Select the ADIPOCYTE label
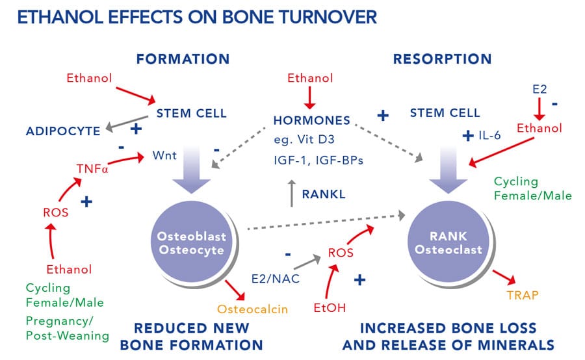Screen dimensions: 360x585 [63, 131]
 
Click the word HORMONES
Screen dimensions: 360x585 [312, 120]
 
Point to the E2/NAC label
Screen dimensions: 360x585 [276, 278]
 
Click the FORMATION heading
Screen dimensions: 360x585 [183, 59]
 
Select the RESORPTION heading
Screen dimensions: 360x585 [442, 59]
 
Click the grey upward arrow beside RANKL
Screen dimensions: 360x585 [291, 194]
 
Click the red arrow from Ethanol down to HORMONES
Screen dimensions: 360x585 [310, 97]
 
